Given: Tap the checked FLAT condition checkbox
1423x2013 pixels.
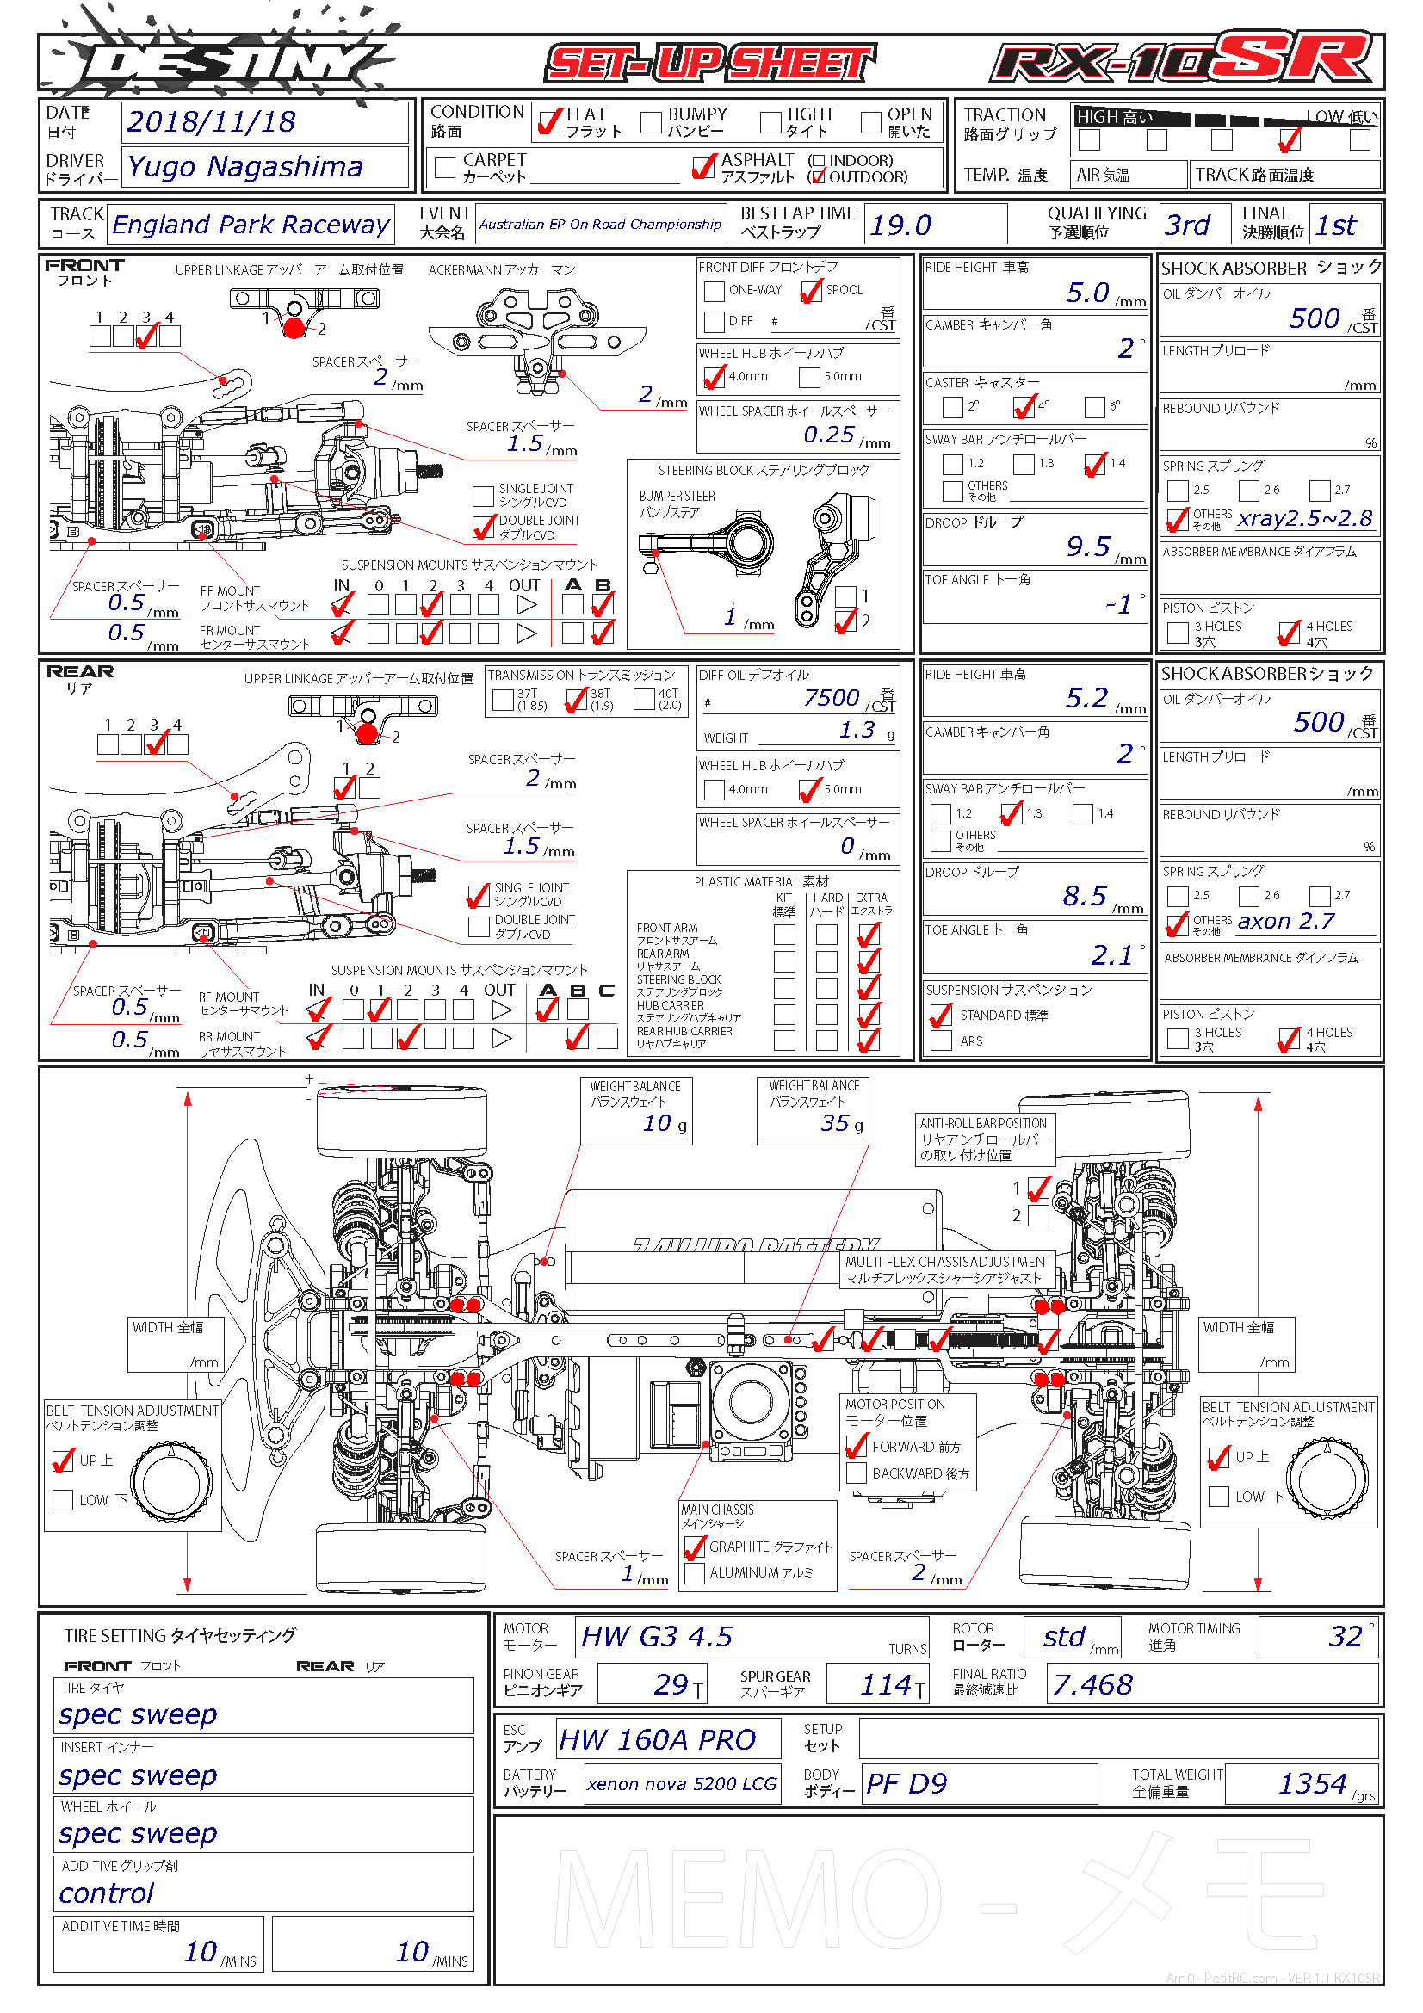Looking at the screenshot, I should pyautogui.click(x=550, y=121).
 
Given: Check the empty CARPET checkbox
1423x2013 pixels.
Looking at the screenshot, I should pyautogui.click(x=445, y=167).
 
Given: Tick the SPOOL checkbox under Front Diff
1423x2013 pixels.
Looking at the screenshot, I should pyautogui.click(x=811, y=290).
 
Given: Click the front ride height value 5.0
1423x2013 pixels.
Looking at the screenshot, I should pyautogui.click(x=1087, y=293).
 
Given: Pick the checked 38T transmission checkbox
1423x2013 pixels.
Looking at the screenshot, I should pyautogui.click(x=576, y=700).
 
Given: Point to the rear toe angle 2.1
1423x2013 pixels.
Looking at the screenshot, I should pyautogui.click(x=1111, y=954).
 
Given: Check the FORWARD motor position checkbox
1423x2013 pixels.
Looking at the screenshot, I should pyautogui.click(x=856, y=1447).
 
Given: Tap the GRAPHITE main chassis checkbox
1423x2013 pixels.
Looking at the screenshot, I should pyautogui.click(x=695, y=1547).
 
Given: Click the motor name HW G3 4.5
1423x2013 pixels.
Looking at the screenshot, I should pyautogui.click(x=657, y=1637).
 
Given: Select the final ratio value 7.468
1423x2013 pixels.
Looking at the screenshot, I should pyautogui.click(x=1092, y=1684).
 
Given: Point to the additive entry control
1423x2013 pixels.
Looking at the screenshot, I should pyautogui.click(x=106, y=1893).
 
